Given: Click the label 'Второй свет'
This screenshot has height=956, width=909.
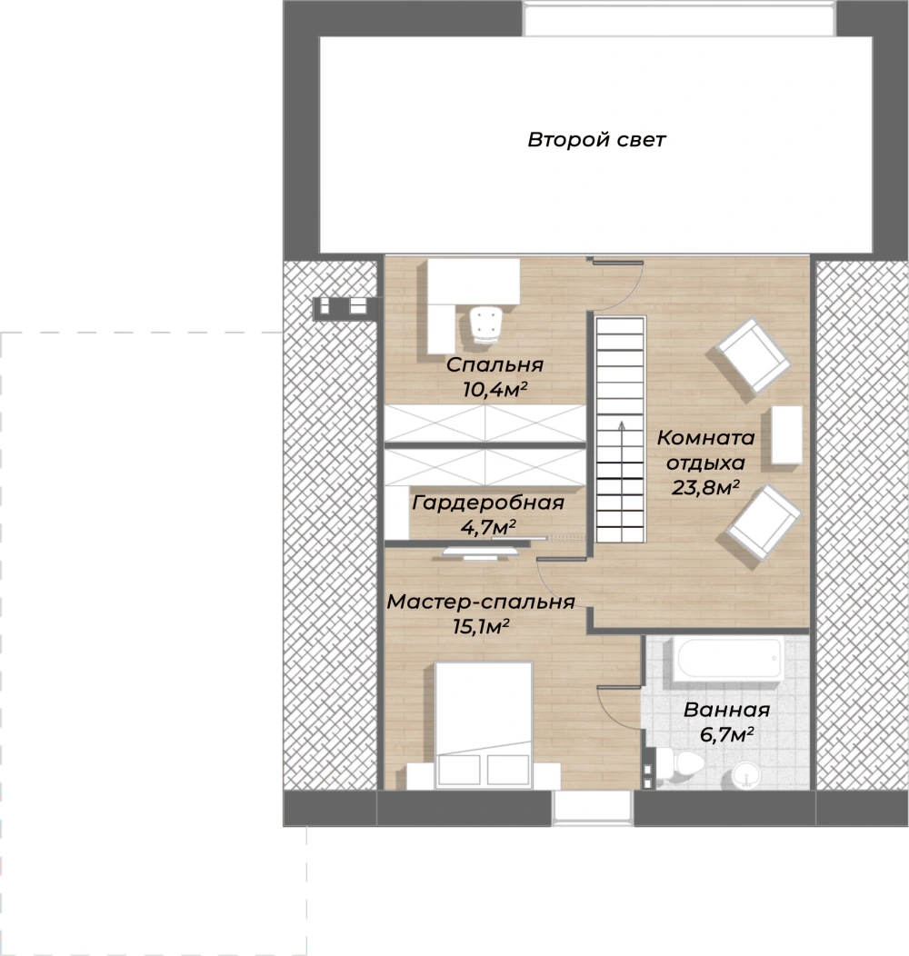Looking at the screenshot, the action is coord(596,140).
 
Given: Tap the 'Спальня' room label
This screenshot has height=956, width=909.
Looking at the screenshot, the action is coord(494,364).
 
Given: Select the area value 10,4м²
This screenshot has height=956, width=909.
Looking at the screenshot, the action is coord(494,389).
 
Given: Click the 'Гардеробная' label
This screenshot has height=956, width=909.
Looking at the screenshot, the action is coord(488,503).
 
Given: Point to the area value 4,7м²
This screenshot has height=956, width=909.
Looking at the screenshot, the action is coord(488,527).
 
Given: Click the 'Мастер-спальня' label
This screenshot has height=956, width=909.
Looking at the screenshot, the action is coord(481,602).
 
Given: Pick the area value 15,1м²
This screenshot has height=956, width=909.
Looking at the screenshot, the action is coord(481,626).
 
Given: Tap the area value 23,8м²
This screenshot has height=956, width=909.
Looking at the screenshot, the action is coord(705,487).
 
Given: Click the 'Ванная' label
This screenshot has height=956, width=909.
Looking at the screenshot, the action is coord(726,710).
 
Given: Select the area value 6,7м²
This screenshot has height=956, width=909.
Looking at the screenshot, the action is coord(726,734).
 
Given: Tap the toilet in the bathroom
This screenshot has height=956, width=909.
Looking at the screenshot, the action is coord(679,764).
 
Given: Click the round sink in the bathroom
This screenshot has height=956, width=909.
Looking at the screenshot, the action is coord(746,775).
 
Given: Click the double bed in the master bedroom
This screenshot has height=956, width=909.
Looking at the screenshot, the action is coord(484,725).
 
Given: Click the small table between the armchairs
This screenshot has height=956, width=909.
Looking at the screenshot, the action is coord(787,434).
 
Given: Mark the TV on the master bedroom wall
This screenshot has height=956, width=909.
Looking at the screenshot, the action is coord(480,552).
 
